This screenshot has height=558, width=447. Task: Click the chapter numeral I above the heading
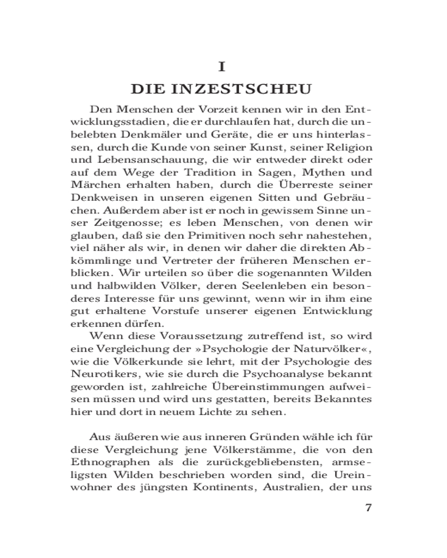(x=222, y=67)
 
